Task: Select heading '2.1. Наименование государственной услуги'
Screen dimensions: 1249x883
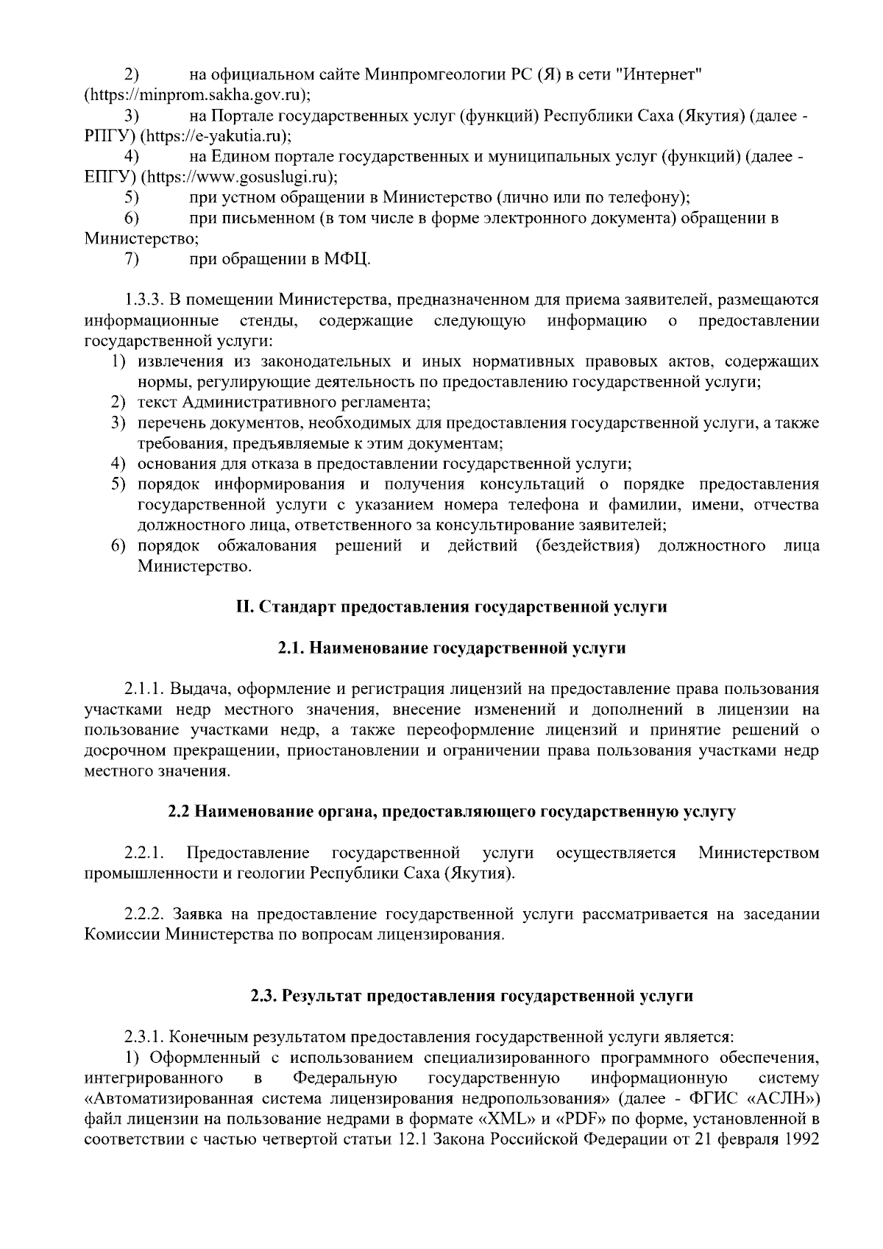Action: pyautogui.click(x=451, y=648)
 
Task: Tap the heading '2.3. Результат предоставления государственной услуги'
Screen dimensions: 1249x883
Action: pyautogui.click(x=472, y=996)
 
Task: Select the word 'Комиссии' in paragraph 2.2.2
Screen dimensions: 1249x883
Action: pyautogui.click(x=122, y=935)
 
